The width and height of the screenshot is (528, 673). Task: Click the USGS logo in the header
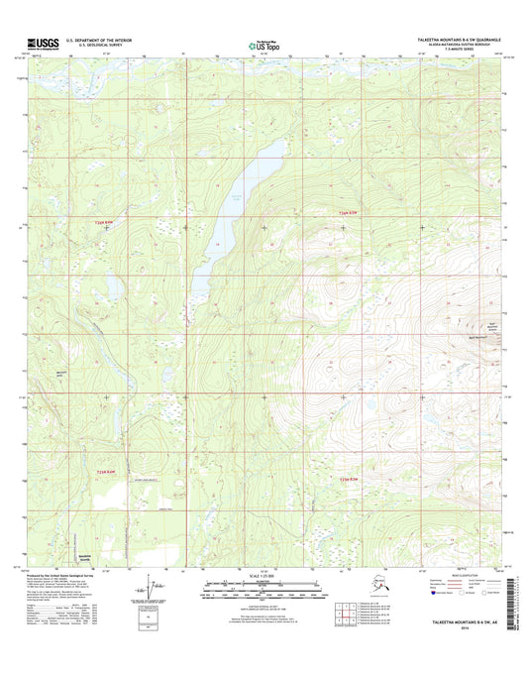[38, 44]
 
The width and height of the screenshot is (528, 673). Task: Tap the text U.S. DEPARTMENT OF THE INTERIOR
[98, 40]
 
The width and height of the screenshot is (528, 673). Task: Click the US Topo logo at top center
[263, 44]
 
